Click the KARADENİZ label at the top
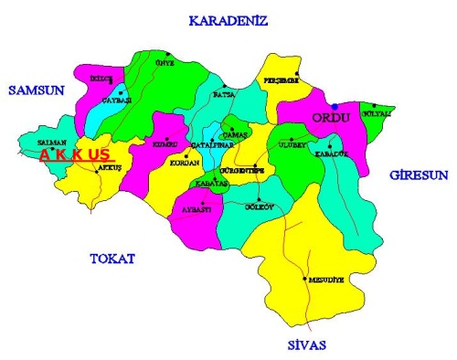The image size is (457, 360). click(227, 20)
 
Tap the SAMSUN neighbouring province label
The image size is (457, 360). click(34, 89)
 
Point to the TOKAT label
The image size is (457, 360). click(112, 259)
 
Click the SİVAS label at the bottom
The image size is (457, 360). click(304, 344)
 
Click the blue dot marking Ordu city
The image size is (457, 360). click(335, 106)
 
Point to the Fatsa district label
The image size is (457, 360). click(225, 93)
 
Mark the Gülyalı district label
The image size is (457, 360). click(377, 113)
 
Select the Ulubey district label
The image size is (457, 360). click(291, 144)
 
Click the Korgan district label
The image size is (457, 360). click(185, 163)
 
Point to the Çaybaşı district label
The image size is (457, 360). click(118, 99)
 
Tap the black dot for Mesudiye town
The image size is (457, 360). click(304, 278)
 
